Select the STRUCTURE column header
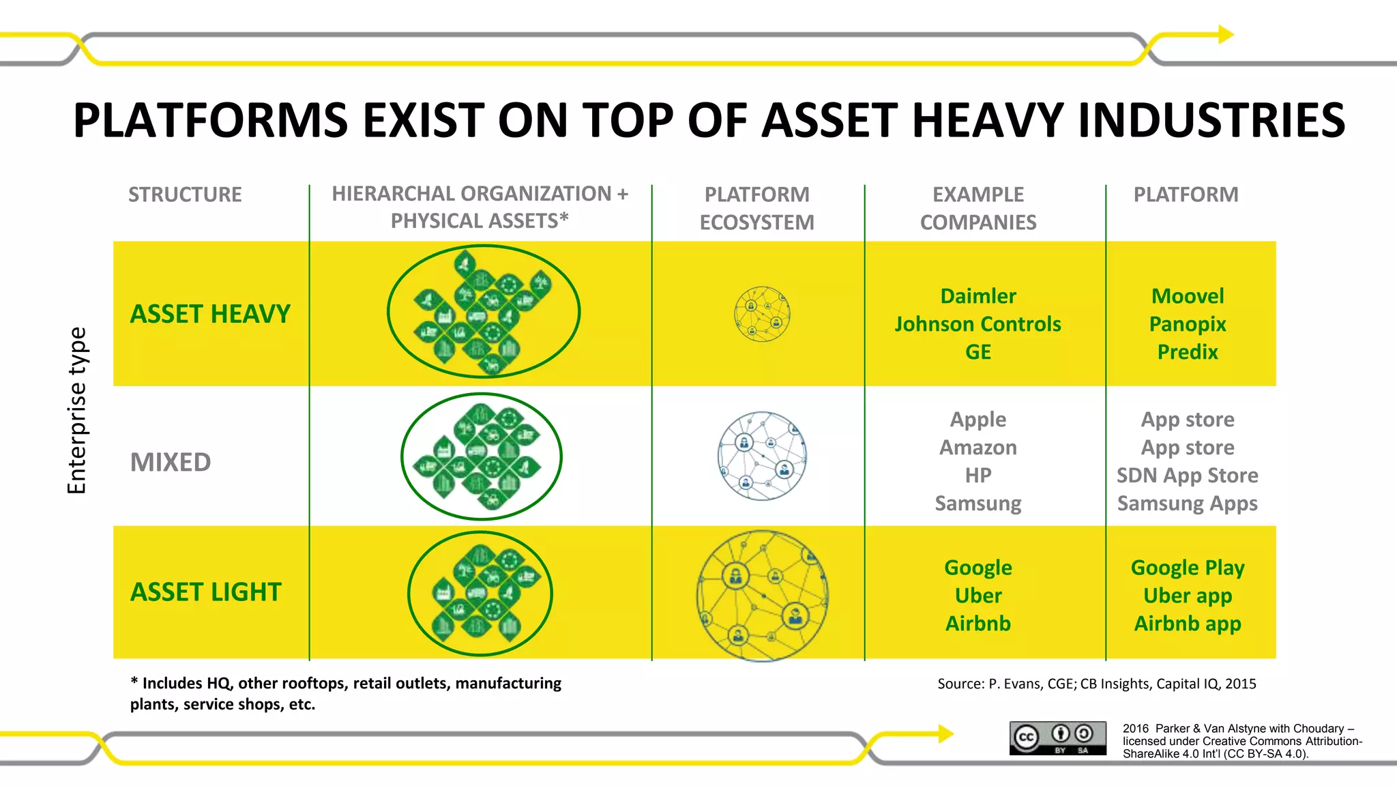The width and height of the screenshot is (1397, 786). tap(185, 195)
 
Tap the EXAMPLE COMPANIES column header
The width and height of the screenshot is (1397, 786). tap(978, 208)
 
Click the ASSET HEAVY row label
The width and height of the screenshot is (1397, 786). tap(210, 314)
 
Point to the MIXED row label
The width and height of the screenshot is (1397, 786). tap(171, 463)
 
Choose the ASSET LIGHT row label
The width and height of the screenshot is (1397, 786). tap(205, 592)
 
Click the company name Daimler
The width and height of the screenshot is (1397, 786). tap(978, 296)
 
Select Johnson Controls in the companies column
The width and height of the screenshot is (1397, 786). tap(978, 324)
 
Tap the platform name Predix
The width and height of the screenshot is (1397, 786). tap(1188, 352)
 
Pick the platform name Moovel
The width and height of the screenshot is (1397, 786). tap(1188, 296)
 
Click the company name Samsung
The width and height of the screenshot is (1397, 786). tap(978, 504)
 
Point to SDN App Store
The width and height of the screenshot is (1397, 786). tap(1188, 476)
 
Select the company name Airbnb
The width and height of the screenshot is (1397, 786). tap(978, 624)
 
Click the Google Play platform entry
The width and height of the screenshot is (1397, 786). tap(1188, 568)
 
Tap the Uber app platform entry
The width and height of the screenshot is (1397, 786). tap(1188, 596)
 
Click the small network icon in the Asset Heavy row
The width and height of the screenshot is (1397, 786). tap(762, 314)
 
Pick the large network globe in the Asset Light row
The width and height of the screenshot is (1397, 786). tap(762, 596)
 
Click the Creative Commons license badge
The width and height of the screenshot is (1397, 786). tap(1058, 738)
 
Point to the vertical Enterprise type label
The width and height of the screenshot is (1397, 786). tap(77, 411)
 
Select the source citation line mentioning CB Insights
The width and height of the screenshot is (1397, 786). tap(1096, 684)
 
